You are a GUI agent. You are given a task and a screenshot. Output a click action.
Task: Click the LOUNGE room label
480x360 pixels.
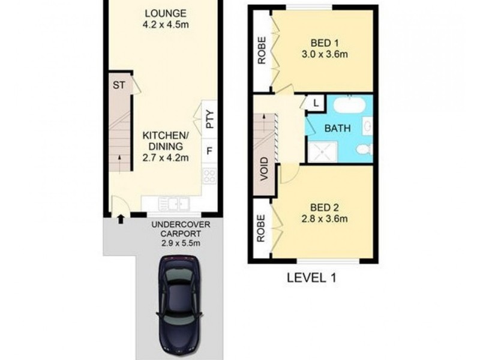coord(165,13)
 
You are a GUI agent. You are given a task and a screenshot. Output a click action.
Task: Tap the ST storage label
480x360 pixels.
coord(118,85)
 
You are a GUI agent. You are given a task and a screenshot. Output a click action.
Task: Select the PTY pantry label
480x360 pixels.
coord(209,121)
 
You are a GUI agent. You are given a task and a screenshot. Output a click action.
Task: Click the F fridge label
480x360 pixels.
coord(209,150)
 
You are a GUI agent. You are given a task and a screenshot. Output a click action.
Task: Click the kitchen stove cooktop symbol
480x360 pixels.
coord(209,176)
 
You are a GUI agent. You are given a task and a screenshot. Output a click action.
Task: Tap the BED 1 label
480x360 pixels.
coord(324,43)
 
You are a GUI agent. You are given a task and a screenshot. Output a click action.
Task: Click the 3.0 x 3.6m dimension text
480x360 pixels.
coord(324,55)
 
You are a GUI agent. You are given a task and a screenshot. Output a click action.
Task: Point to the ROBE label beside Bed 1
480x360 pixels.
coord(262,52)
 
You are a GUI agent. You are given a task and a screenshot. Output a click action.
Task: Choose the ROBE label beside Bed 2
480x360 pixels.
coord(262,229)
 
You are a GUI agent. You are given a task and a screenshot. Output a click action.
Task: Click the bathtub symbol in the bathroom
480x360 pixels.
coord(348,107)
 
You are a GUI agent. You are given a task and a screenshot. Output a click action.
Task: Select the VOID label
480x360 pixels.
coord(264,169)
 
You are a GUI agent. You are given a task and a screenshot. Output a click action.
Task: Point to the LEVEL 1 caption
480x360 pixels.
coord(311,278)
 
